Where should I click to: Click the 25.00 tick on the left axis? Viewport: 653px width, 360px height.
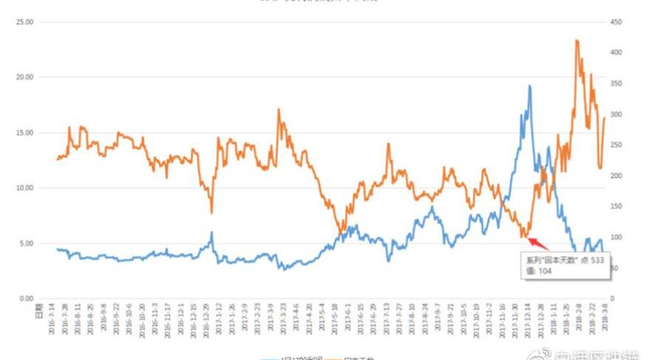click(x=25, y=22)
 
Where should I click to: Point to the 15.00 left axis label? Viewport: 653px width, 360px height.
click(x=25, y=133)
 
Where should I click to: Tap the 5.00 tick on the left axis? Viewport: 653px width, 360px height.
click(x=27, y=243)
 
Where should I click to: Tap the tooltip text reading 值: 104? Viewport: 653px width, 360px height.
click(x=539, y=271)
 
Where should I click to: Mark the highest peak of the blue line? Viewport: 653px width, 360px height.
click(x=530, y=86)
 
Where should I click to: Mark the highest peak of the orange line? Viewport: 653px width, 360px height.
click(x=576, y=41)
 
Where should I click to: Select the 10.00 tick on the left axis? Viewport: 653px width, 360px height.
click(x=25, y=188)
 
